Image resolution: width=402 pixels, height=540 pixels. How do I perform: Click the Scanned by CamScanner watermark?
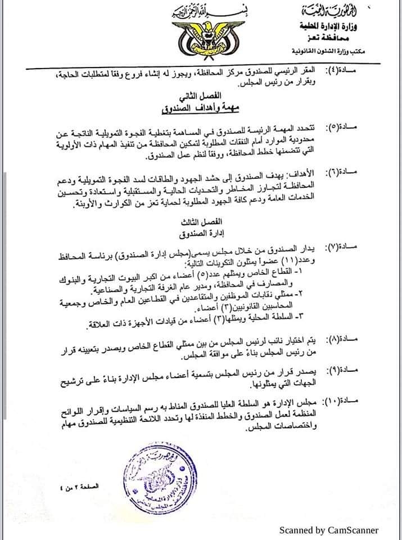(329, 530)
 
